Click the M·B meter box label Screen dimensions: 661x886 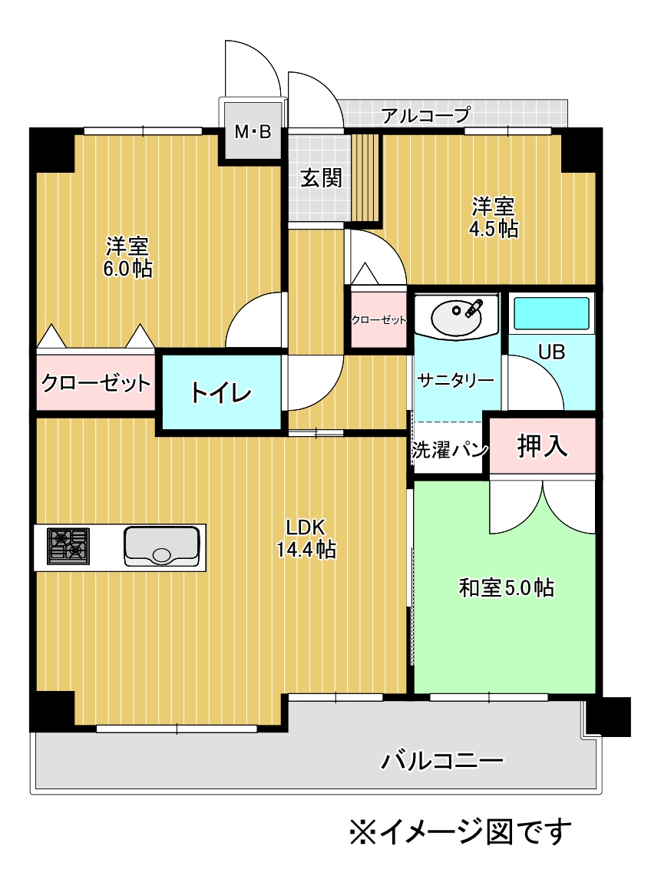(x=253, y=131)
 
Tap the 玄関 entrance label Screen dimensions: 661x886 (x=321, y=178)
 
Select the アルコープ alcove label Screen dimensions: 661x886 (x=425, y=115)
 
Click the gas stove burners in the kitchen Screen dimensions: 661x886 (x=68, y=546)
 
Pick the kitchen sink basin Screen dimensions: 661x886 (x=161, y=546)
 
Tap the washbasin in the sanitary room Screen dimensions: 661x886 (x=457, y=317)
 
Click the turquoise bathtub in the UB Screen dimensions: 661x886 (x=550, y=312)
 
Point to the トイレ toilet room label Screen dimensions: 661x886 (x=221, y=392)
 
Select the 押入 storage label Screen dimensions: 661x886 (x=542, y=446)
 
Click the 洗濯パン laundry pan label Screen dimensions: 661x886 (x=450, y=450)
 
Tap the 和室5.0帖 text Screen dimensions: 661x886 (x=506, y=588)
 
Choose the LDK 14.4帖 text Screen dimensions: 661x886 (x=306, y=538)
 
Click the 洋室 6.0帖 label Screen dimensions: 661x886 (x=127, y=257)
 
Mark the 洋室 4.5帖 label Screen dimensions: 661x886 (x=493, y=217)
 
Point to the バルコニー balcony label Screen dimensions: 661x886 (x=441, y=761)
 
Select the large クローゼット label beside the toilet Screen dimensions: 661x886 (x=96, y=383)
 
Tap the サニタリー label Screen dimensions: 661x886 (x=455, y=380)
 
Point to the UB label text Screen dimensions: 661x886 (x=551, y=352)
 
